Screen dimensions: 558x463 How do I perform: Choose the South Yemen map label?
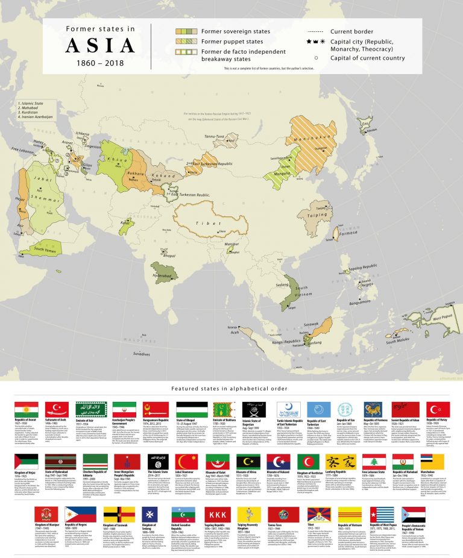46,249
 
